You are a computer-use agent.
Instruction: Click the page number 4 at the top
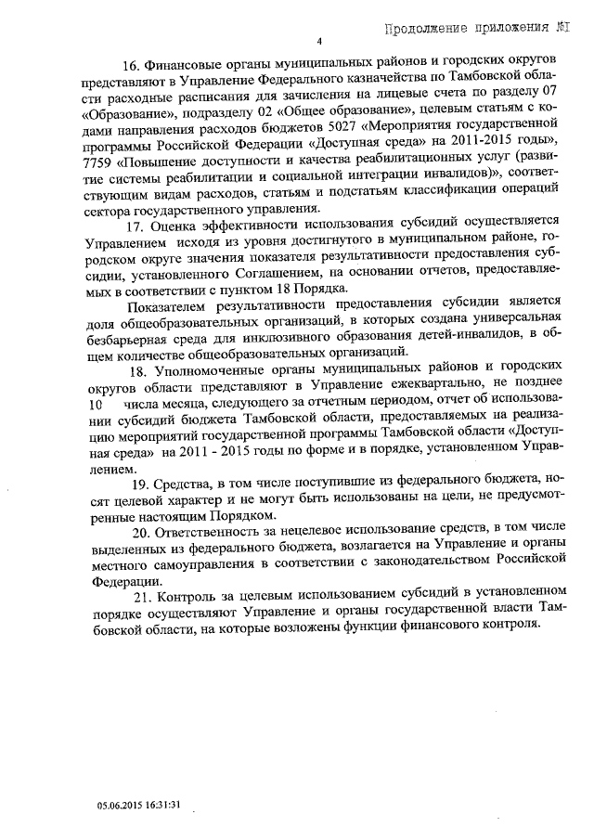click(x=318, y=41)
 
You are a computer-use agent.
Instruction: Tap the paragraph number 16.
click(x=131, y=65)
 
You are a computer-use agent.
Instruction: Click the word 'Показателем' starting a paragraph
click(x=166, y=304)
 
